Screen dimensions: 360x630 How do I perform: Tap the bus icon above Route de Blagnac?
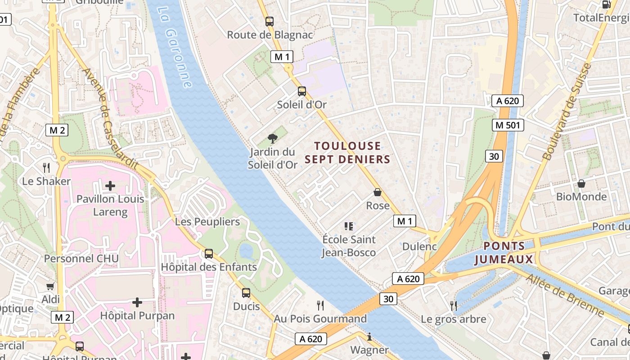click(269, 21)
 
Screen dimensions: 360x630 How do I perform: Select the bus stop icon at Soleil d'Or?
click(301, 91)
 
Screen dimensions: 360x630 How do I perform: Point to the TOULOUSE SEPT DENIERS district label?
click(347, 153)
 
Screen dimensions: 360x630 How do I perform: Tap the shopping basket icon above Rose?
click(378, 192)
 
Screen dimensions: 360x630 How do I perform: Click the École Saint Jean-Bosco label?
click(349, 246)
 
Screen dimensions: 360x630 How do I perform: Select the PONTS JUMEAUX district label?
click(504, 252)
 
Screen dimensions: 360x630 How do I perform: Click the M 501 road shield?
click(508, 125)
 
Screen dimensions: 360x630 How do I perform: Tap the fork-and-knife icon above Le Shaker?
click(46, 168)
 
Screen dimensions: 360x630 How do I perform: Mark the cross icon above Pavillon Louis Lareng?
click(110, 185)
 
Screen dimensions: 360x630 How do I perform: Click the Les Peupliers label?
click(207, 222)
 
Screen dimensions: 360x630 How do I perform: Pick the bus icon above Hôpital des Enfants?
click(209, 253)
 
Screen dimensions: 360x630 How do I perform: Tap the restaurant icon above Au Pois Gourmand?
click(320, 306)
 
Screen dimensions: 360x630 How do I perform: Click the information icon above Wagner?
click(369, 337)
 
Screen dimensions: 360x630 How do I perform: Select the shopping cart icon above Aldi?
click(50, 286)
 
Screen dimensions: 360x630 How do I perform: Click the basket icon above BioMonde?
click(581, 184)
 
